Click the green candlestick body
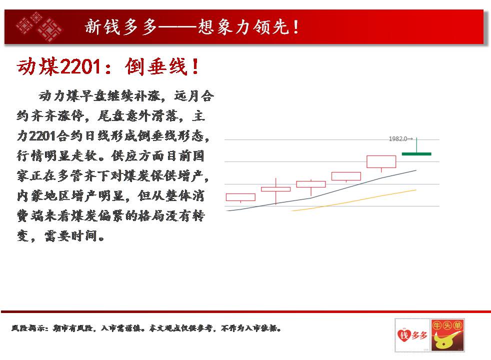(x=416, y=153)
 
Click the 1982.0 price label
(x=398, y=138)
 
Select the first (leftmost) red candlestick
(x=240, y=197)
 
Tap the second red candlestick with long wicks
(x=275, y=189)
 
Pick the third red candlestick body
(x=311, y=184)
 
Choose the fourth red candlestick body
(x=346, y=176)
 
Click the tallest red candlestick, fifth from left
(x=381, y=162)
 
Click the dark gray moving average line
(x=321, y=190)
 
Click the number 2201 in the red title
(x=80, y=66)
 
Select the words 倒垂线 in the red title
(x=156, y=66)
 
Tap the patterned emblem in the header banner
(x=39, y=27)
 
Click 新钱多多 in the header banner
(x=121, y=27)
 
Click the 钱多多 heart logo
(x=412, y=335)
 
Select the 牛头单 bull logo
(x=447, y=335)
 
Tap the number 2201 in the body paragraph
(x=42, y=136)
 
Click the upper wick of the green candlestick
(x=416, y=145)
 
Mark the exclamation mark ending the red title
(x=195, y=66)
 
